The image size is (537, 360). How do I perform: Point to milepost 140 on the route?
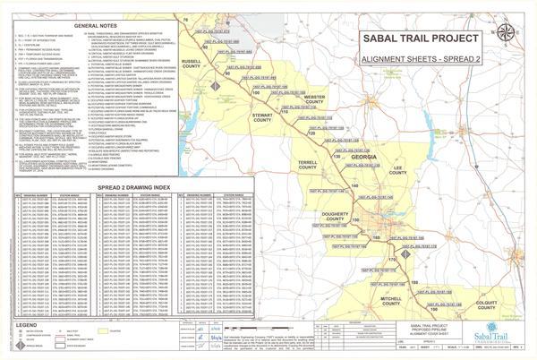click(354, 184)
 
